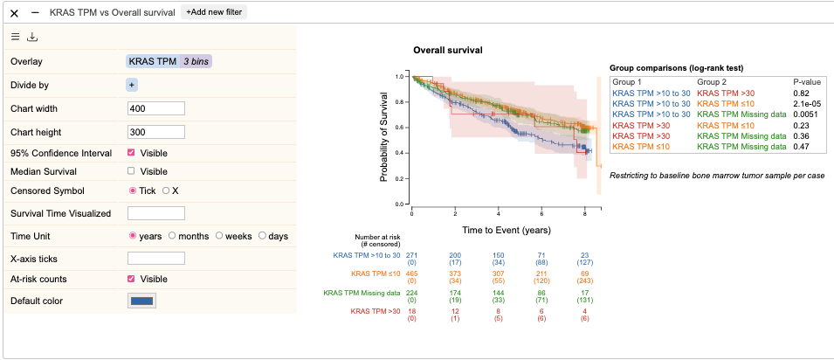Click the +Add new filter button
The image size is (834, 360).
(x=214, y=12)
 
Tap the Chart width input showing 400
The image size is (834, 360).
(x=156, y=108)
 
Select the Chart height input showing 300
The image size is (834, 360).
(x=156, y=132)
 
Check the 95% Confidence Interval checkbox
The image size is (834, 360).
(x=131, y=153)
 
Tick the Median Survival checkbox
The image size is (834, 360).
(x=131, y=171)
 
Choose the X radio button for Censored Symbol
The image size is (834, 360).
(x=166, y=190)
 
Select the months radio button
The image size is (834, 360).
(x=172, y=236)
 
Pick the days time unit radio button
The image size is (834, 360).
(x=262, y=236)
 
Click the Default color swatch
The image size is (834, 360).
(x=142, y=301)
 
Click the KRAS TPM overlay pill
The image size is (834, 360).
(x=153, y=61)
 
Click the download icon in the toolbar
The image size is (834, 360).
(x=32, y=37)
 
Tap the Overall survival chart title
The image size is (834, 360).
(x=448, y=51)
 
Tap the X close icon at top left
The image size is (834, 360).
(x=14, y=12)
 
